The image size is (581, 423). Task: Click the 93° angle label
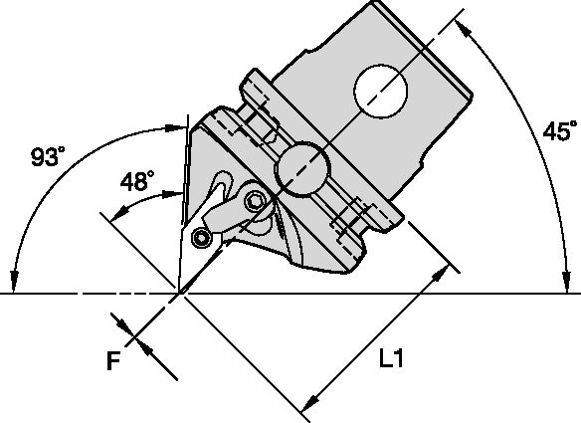tap(49, 157)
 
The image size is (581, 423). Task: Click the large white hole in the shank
tap(379, 94)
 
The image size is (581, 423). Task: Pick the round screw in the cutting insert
tap(203, 238)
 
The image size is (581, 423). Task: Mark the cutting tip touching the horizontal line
tap(180, 292)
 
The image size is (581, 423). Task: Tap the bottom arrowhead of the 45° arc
tap(569, 288)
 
